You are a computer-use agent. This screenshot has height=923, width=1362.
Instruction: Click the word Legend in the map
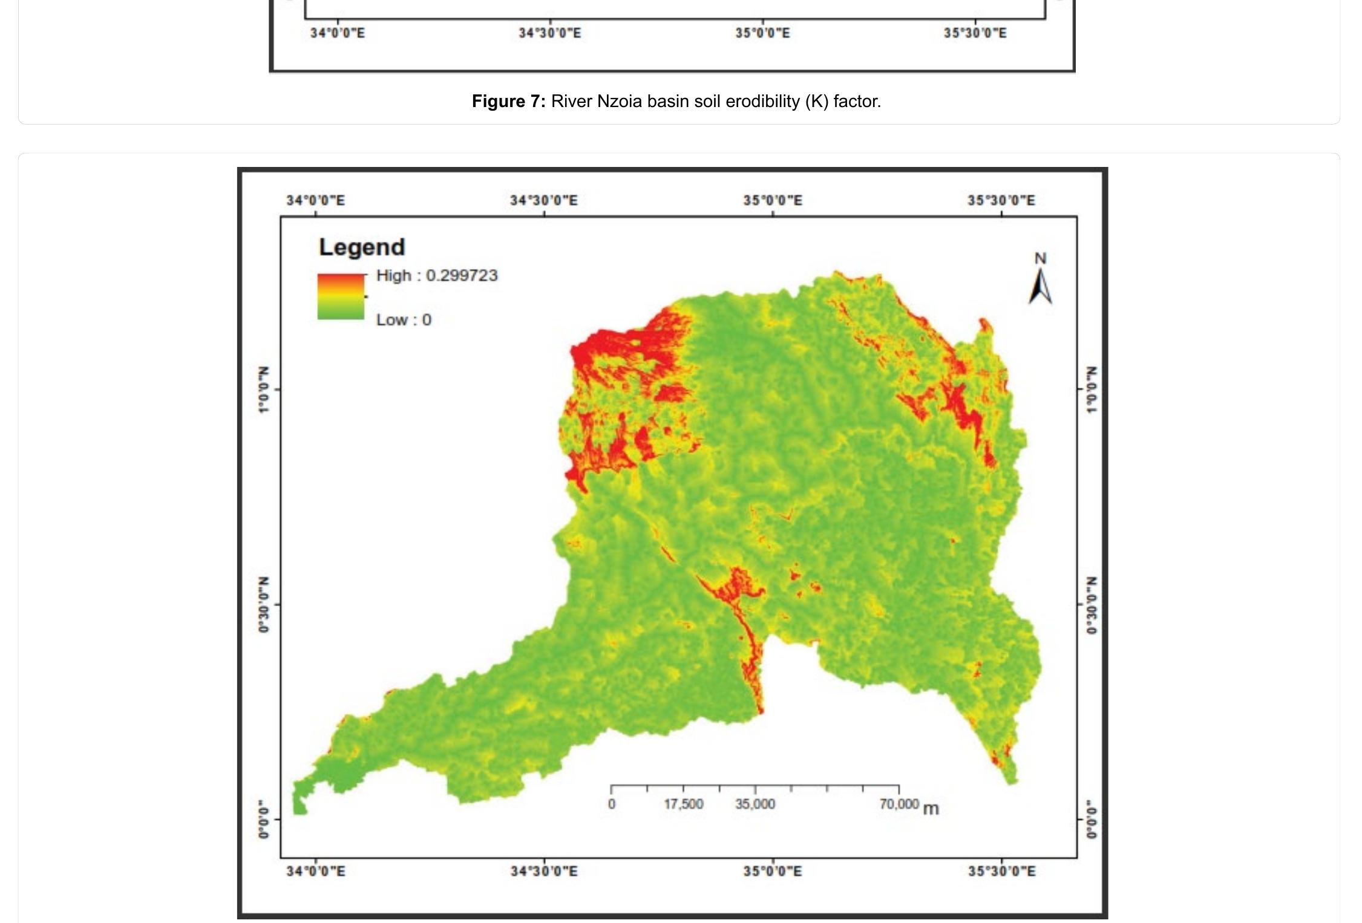point(362,247)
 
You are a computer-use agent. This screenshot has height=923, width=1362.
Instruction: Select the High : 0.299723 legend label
point(437,276)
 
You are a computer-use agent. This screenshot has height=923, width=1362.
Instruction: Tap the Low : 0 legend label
point(404,320)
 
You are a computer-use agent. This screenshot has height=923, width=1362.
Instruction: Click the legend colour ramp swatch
point(341,296)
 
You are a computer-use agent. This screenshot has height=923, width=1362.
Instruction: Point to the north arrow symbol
point(1040,287)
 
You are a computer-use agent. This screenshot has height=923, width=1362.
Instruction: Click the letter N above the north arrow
point(1040,258)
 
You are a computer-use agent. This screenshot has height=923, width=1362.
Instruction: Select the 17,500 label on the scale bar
point(684,804)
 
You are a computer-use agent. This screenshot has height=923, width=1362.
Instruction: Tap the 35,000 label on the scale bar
point(755,804)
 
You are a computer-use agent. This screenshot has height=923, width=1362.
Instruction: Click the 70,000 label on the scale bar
point(899,804)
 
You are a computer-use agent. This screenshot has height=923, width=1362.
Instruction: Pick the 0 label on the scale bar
point(612,804)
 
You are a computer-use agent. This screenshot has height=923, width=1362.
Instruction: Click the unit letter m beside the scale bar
point(931,809)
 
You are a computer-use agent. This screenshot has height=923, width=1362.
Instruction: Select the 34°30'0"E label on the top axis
point(543,201)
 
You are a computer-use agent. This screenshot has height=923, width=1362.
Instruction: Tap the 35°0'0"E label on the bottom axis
point(773,872)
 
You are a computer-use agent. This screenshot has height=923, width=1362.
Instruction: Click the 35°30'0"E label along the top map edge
point(1001,201)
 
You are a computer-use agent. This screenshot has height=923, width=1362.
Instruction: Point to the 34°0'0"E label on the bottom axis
point(316,872)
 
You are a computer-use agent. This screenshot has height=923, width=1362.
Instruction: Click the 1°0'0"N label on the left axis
point(264,390)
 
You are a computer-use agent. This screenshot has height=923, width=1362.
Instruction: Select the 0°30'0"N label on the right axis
point(1091,605)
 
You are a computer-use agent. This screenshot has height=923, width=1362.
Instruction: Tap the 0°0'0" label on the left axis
point(264,820)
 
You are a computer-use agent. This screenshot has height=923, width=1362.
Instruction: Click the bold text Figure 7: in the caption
point(508,102)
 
